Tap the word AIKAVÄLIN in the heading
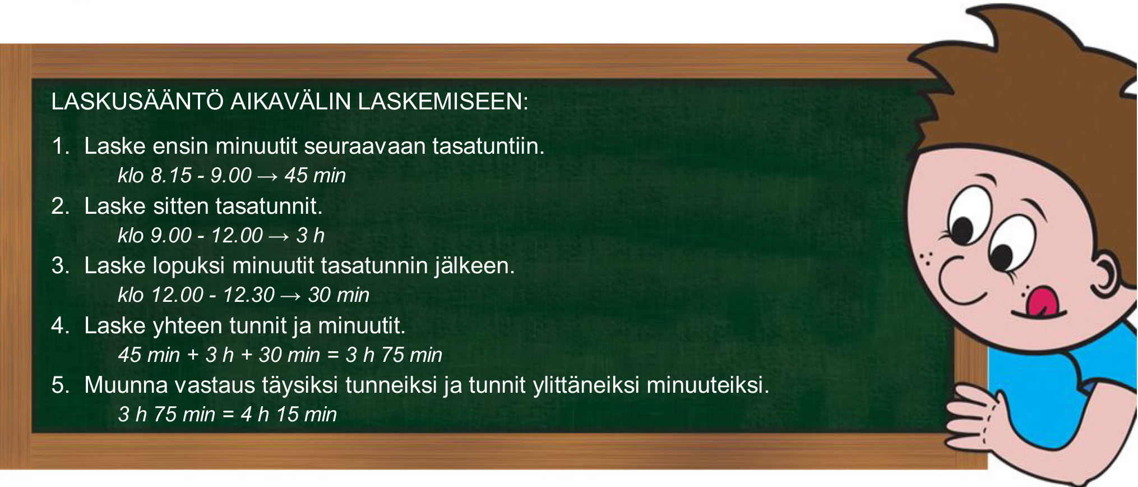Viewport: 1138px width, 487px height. click(291, 102)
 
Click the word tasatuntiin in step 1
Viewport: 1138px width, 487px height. click(488, 146)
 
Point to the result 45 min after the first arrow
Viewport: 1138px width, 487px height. click(315, 176)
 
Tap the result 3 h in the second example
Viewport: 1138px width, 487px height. click(311, 235)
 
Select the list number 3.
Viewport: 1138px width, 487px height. click(60, 265)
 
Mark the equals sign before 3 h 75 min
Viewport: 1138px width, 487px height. click(333, 355)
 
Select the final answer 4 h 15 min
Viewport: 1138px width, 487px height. click(289, 415)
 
